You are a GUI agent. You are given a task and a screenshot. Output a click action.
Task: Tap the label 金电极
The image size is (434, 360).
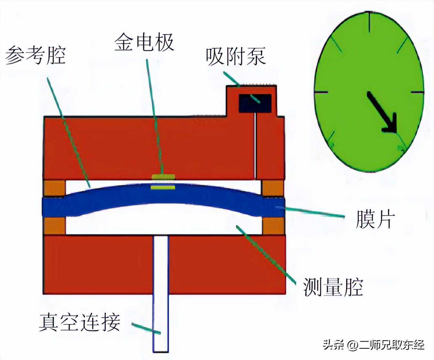pos(144,42)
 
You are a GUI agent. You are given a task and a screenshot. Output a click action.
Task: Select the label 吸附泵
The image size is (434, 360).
pos(236,57)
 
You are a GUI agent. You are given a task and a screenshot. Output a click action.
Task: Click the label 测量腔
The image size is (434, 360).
pos(333,287)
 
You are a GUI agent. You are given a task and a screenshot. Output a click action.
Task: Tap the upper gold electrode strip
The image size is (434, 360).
pos(163,177)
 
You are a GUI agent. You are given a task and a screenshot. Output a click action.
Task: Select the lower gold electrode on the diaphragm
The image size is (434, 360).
pos(163,187)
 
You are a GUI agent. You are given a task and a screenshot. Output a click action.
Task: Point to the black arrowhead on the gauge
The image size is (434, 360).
pos(390,124)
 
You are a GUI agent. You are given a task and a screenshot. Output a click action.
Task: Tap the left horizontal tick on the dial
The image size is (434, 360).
pos(321,92)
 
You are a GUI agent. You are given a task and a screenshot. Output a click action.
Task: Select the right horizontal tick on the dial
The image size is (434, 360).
pos(417,92)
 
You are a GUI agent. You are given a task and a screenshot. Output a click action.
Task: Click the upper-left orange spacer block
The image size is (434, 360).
pos(55,188)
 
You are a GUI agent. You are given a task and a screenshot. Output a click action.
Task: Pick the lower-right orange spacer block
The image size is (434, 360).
pos(273,226)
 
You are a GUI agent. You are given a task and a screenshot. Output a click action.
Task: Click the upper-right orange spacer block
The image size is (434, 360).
pos(273,188)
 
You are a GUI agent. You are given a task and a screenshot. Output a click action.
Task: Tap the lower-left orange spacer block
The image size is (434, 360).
pos(55,226)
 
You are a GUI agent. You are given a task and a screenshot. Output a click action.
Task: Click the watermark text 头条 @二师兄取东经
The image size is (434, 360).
pos(374,345)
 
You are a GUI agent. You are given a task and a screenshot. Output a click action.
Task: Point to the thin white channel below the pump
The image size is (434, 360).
pos(256,145)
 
